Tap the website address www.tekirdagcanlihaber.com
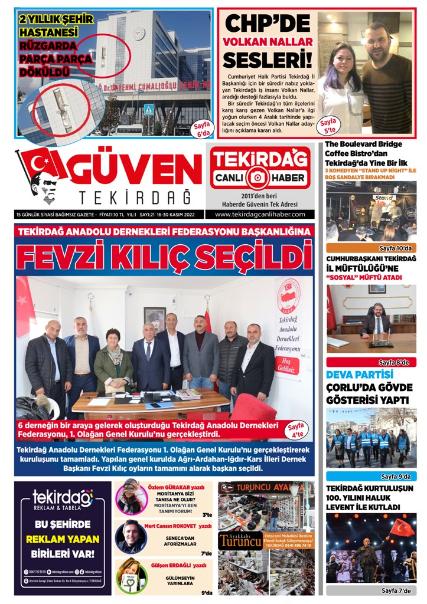[x=260, y=214]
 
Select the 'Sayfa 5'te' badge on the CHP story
[x=328, y=124]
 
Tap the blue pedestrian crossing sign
[x=148, y=109]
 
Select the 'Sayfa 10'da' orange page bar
[x=371, y=248]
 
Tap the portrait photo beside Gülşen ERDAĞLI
[x=131, y=576]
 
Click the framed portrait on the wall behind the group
[x=155, y=319]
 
